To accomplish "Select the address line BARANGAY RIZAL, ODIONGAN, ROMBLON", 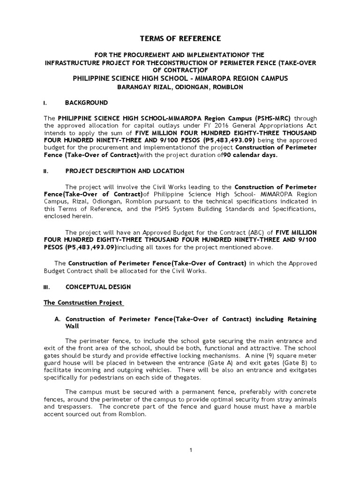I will tap(180, 88).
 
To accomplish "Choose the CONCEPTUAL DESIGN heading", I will tap(98, 286).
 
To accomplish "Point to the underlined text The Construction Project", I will tap(83, 302).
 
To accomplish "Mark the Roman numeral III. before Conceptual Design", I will tap(47, 287).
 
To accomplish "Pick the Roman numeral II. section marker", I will tap(46, 172).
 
